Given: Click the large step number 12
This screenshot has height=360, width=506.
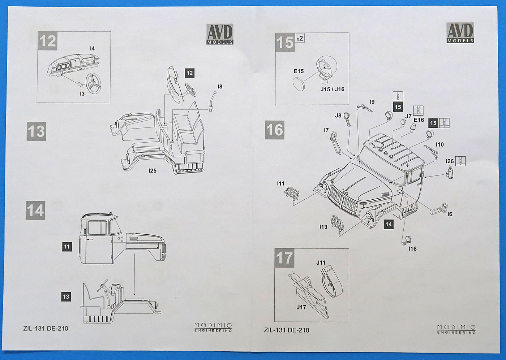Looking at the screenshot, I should click(47, 41).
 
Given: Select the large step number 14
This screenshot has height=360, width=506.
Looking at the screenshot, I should click(35, 210).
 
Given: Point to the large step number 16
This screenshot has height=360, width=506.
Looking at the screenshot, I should click(275, 130).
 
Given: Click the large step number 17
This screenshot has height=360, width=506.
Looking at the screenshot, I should click(284, 258).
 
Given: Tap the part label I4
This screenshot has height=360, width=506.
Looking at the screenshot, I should click(93, 48).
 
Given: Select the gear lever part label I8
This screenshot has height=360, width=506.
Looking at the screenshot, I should click(220, 87).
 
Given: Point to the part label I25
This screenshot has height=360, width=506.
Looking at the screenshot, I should click(153, 170).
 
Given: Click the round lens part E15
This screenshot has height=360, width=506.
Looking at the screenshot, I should click(299, 84).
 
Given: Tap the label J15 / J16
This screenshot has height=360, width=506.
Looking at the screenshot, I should click(333, 89).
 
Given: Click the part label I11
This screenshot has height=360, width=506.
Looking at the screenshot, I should click(281, 184).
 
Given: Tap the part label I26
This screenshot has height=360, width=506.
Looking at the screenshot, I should click(450, 161).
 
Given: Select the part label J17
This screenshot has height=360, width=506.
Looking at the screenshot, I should click(301, 307).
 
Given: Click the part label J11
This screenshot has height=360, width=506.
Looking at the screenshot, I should click(321, 263).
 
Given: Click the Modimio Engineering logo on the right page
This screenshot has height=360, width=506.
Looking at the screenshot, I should click(456, 329).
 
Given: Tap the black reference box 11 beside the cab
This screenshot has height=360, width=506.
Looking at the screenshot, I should click(67, 247).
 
